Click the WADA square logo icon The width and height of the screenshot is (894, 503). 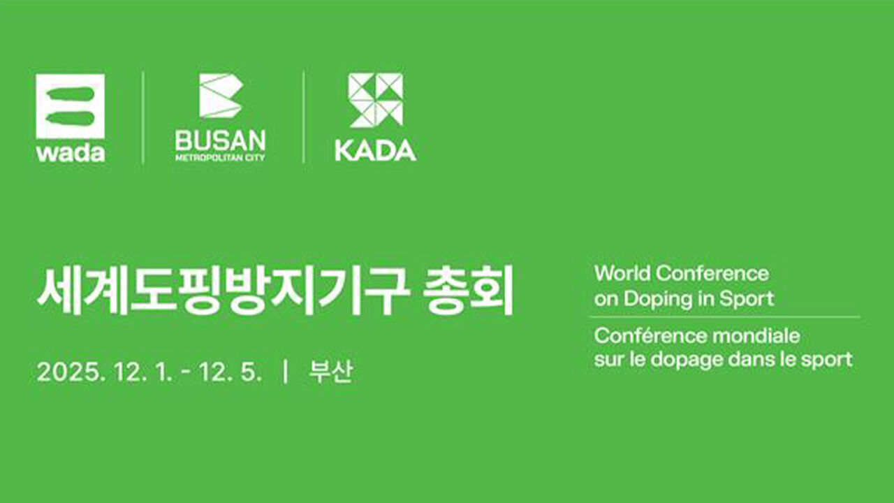(71, 106)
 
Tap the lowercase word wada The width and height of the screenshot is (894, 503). (71, 153)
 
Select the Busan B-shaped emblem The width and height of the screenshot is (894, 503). (221, 96)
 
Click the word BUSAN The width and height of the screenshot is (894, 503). (220, 140)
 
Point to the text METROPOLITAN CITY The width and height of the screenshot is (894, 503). (220, 157)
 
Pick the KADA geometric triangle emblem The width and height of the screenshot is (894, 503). (376, 100)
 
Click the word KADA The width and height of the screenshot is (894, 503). (376, 150)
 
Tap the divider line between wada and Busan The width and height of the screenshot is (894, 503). (143, 117)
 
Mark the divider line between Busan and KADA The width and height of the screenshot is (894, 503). (304, 117)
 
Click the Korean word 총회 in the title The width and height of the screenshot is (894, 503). (467, 290)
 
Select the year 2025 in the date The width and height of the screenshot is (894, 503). (68, 372)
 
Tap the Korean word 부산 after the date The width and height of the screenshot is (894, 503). (331, 372)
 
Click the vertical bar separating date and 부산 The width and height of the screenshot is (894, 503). (285, 372)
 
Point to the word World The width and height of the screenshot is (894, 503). (622, 273)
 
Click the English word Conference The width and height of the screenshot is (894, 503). (712, 273)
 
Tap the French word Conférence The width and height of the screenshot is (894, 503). (650, 336)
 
